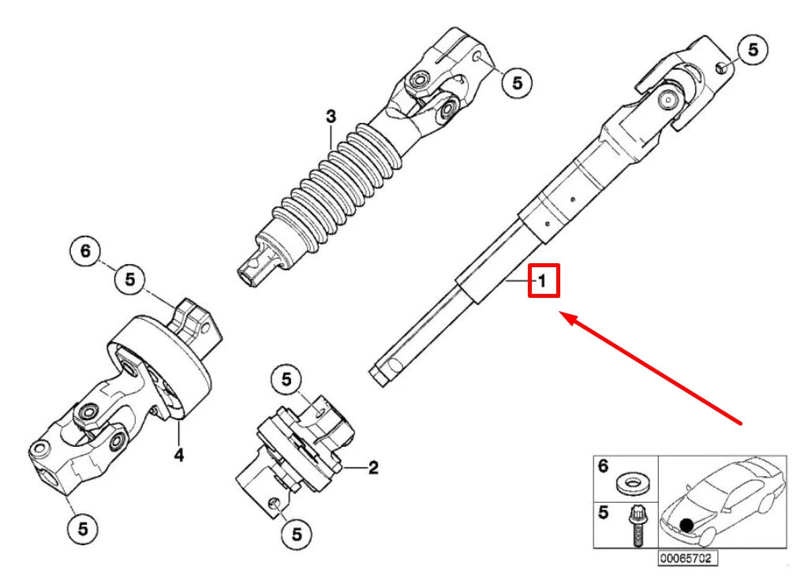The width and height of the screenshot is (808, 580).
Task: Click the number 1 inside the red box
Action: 543,281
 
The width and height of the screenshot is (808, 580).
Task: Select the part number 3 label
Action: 331,117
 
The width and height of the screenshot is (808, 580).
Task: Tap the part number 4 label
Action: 179,455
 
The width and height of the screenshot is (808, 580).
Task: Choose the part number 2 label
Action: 373,468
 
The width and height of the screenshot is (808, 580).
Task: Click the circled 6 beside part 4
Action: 85,251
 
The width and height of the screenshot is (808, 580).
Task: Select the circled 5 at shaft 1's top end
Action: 752,50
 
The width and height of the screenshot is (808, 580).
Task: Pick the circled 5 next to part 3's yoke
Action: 516,81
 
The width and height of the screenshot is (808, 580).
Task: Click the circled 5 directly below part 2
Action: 297,534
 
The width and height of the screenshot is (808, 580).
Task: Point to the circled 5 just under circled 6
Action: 130,278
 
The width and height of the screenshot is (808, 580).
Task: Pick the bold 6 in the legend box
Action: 604,467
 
